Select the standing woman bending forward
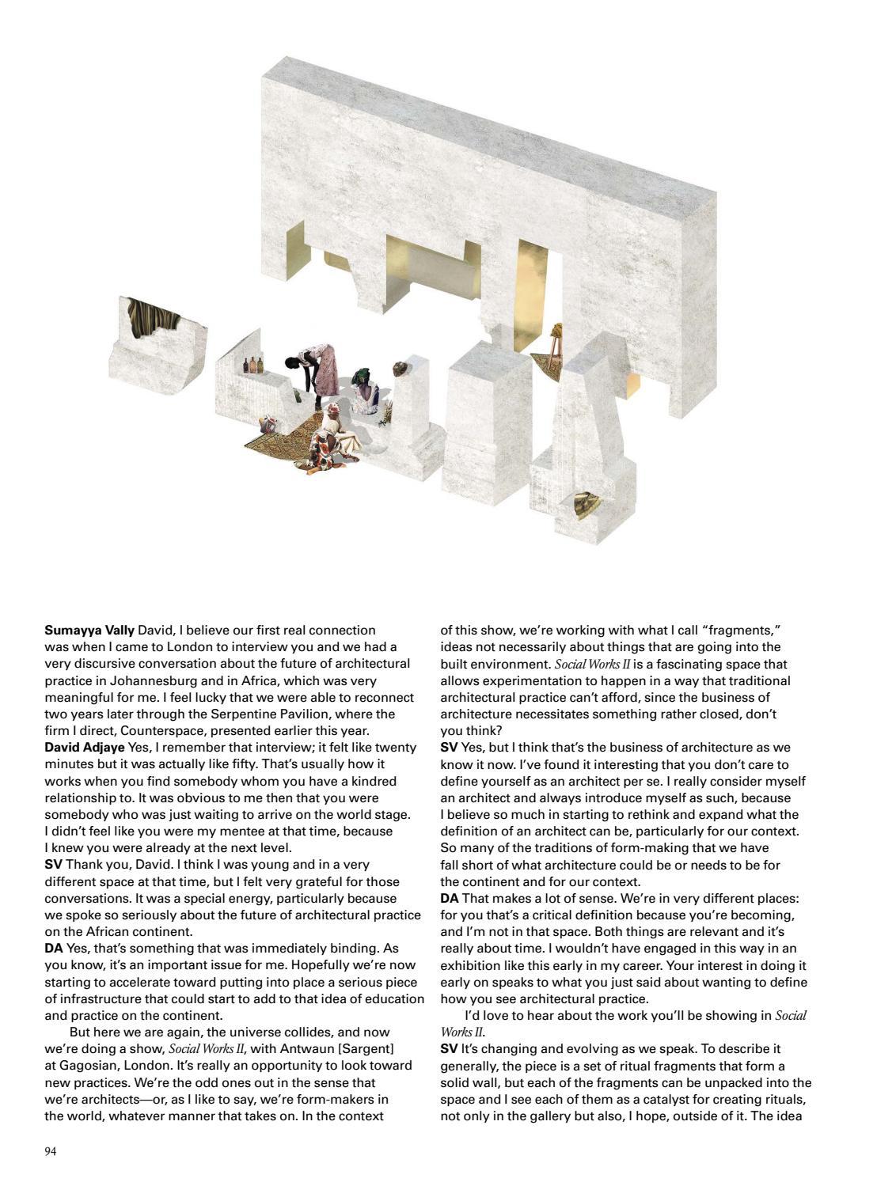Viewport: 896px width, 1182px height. pos(315,370)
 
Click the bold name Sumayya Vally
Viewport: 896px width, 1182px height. pos(89,631)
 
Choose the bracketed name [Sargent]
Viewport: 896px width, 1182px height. pos(358,1048)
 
